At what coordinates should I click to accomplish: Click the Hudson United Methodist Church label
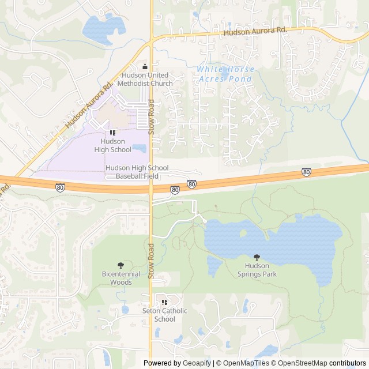pos(145,80)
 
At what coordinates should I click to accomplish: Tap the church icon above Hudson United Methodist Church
pos(145,67)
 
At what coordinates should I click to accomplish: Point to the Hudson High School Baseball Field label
pos(137,171)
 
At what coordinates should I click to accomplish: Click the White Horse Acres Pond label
pos(225,74)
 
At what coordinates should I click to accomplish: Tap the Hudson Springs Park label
pos(257,270)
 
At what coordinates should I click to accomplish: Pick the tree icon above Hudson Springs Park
pos(257,257)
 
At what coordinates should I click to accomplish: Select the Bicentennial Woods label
pos(121,278)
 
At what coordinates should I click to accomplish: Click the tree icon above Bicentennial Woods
pos(121,265)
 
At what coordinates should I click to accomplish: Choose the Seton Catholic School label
pos(165,315)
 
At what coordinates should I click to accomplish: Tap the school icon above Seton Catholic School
pos(165,302)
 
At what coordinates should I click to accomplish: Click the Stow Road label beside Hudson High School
pos(151,117)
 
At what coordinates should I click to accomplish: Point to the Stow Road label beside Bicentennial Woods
pos(151,261)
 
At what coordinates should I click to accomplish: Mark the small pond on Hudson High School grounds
pos(139,148)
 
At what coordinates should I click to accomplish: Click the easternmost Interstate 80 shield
pos(306,172)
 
